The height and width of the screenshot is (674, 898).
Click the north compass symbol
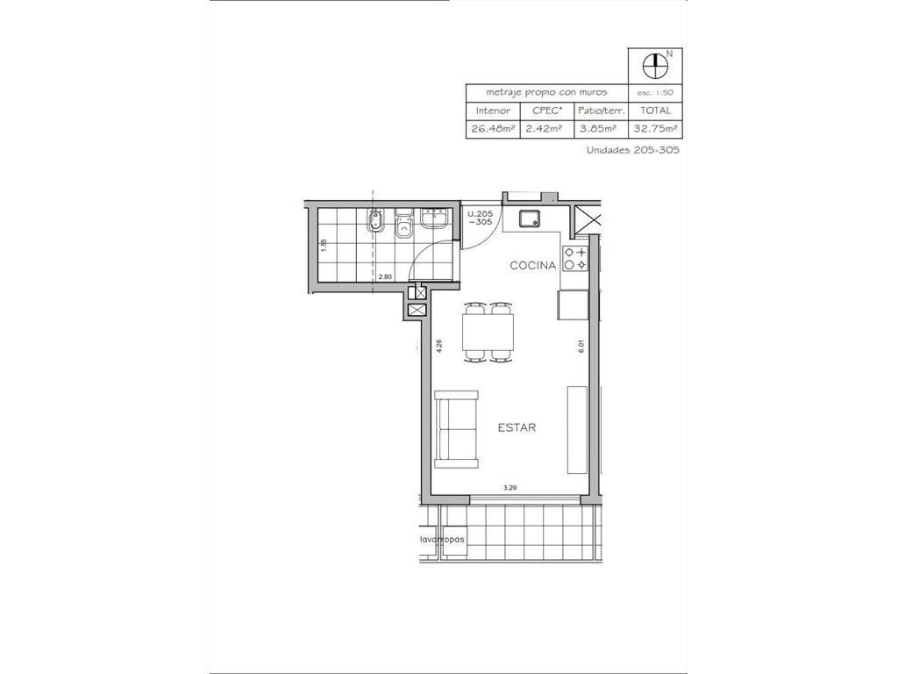point(655,66)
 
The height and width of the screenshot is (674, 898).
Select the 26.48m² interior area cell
point(493,128)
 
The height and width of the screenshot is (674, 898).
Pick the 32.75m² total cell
point(654,128)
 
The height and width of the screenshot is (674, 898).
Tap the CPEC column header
point(546,110)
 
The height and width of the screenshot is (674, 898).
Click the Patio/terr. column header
point(601,110)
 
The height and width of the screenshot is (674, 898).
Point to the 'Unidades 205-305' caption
point(633,150)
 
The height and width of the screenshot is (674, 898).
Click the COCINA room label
point(532,265)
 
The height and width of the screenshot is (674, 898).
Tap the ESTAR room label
point(517,427)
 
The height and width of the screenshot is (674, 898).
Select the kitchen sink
point(529,218)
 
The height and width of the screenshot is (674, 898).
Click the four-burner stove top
point(575,258)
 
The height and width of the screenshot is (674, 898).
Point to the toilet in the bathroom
point(404,224)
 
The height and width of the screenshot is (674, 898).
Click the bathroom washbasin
point(435,219)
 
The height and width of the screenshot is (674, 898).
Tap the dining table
point(489,332)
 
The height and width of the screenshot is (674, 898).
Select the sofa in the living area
point(456,429)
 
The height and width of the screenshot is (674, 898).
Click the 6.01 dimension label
point(581,346)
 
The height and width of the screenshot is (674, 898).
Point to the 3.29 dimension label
point(510,488)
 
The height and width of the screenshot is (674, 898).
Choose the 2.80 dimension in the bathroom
point(386,276)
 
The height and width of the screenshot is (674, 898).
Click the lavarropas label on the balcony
point(442,540)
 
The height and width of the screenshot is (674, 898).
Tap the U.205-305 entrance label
point(480,218)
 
